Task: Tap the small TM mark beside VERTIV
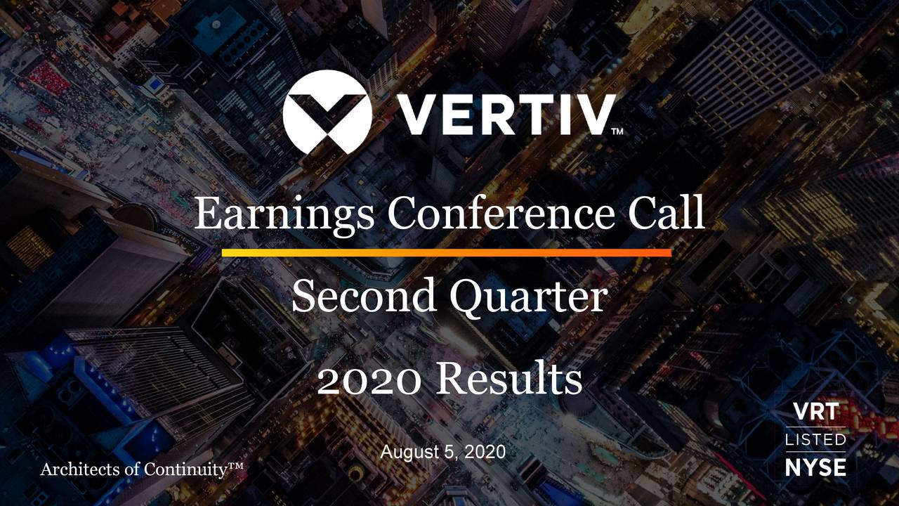coord(617,131)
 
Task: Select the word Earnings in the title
coord(284,214)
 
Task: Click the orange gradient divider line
coord(447,252)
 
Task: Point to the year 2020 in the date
coord(487,454)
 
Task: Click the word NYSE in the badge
coord(815,467)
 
